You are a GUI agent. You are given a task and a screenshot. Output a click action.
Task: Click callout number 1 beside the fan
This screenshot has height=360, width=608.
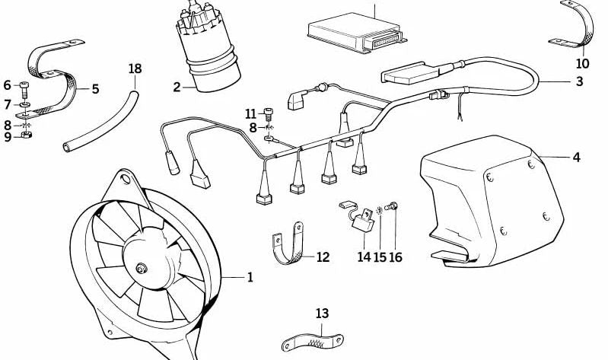coord(250,278)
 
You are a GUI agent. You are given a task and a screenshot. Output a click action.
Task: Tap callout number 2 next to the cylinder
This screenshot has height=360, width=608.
coord(177,88)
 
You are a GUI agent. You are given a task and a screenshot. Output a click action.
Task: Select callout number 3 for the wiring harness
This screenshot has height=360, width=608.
coord(580,82)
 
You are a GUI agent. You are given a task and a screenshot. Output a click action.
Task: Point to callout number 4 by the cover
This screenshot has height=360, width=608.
coord(576,158)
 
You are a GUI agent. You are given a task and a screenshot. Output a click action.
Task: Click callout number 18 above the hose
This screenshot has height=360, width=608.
coord(135,69)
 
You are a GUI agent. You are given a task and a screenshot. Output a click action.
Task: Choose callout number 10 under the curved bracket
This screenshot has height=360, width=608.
coord(582,64)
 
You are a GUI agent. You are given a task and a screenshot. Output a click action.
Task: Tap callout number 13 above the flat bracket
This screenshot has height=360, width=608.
coord(322,313)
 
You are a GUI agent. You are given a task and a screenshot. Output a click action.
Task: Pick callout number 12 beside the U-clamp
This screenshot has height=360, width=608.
coord(323,257)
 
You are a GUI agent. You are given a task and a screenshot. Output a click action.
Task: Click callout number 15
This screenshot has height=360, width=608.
coord(379,257)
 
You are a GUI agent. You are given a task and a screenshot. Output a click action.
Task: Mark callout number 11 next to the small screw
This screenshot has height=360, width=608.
coord(251,113)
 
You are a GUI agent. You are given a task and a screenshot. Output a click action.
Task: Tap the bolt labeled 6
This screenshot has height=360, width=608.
coord(25,85)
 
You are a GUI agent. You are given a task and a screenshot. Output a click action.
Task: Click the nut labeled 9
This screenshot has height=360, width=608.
coord(25,137)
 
